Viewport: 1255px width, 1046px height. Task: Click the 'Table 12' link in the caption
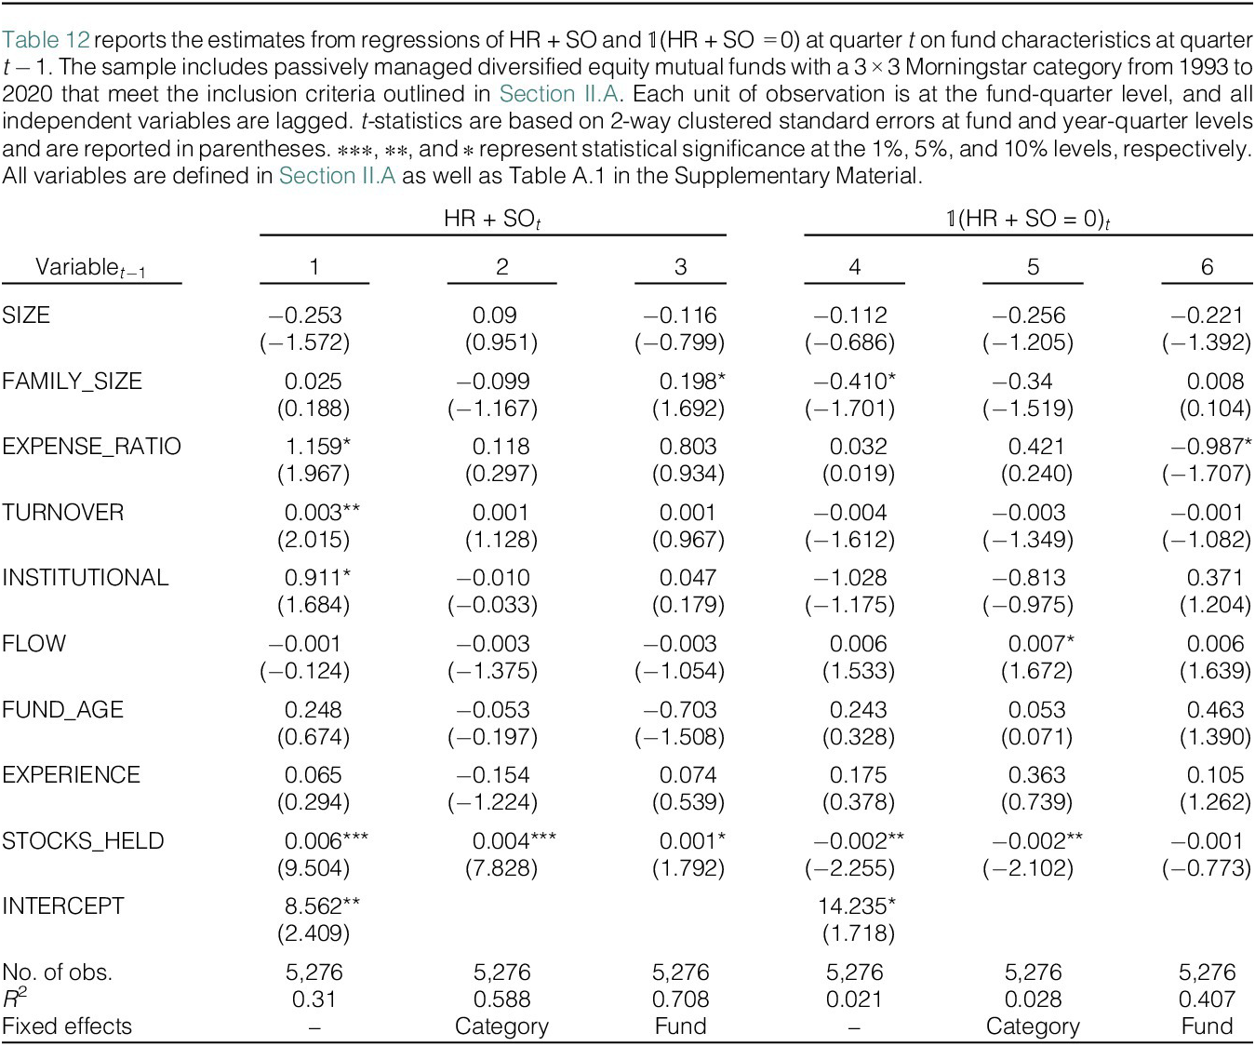[x=46, y=40]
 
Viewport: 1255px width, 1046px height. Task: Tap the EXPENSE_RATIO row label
[x=91, y=447]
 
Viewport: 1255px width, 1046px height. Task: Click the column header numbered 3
[x=680, y=267]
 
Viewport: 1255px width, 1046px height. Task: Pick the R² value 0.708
[x=680, y=999]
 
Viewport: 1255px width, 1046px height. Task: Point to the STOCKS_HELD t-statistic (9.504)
[x=314, y=867]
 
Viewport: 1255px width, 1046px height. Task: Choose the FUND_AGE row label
[x=62, y=710]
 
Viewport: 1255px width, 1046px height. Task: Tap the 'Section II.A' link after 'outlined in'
[x=559, y=94]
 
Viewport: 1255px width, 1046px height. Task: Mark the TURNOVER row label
[x=62, y=512]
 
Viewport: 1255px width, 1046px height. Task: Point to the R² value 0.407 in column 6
[x=1207, y=999]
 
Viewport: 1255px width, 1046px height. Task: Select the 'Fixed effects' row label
[x=67, y=1026]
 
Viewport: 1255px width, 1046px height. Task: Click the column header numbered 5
[x=1033, y=267]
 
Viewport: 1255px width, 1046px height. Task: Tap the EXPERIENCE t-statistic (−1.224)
[x=492, y=801]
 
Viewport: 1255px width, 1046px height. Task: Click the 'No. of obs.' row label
[x=57, y=972]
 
